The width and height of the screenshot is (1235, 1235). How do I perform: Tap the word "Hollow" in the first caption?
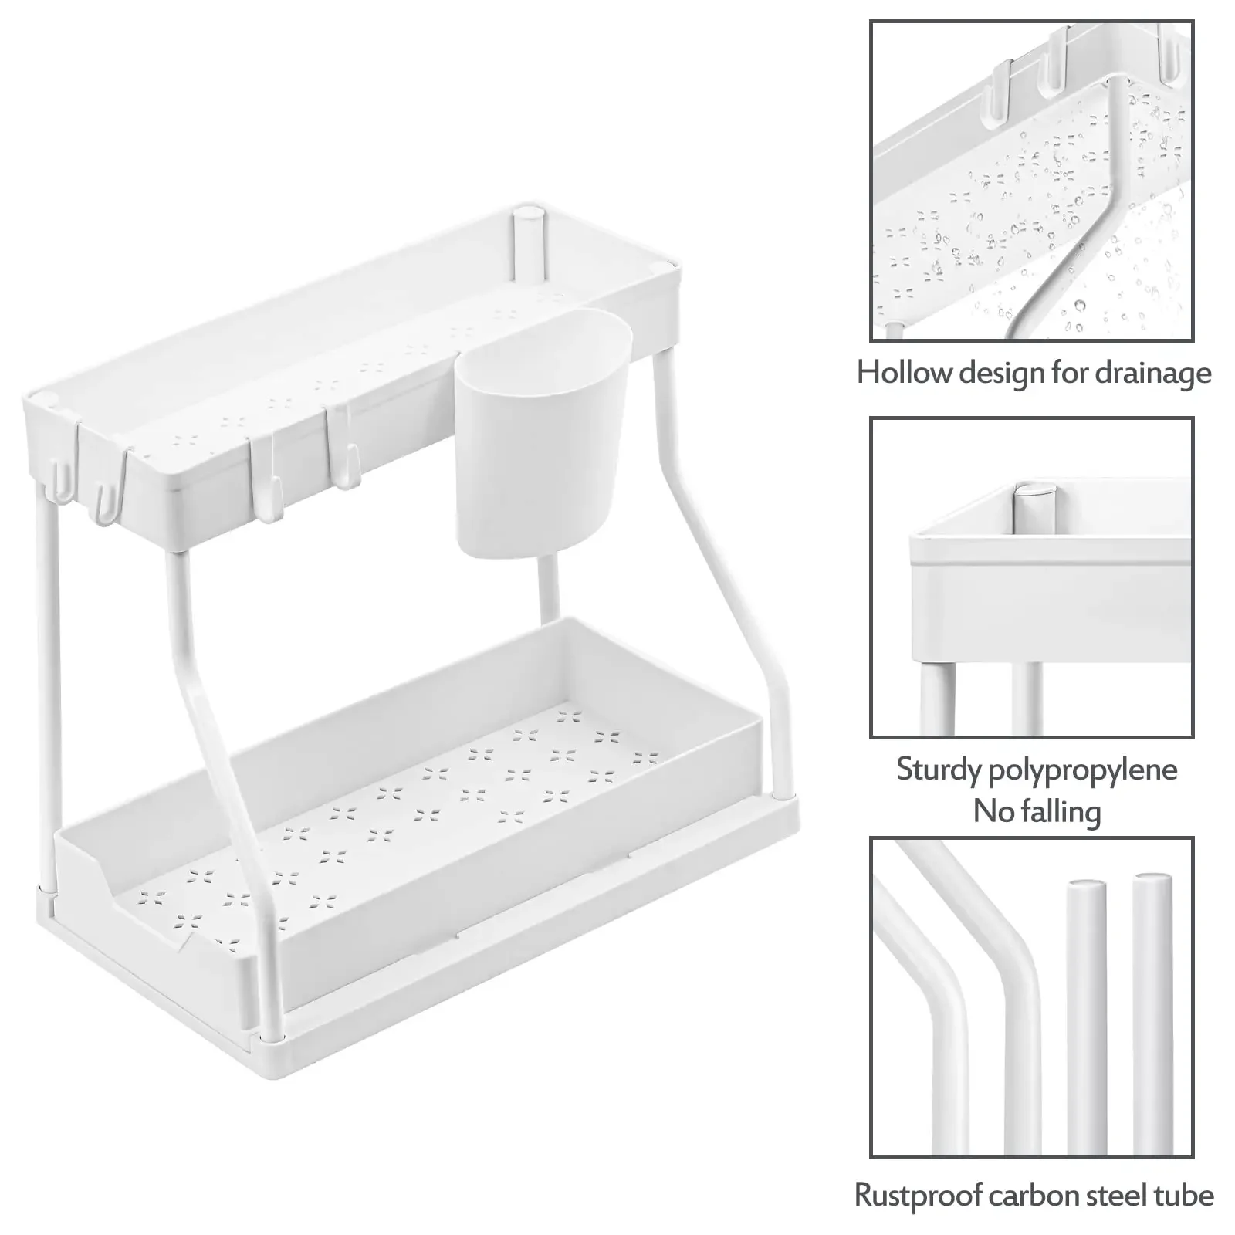(x=904, y=374)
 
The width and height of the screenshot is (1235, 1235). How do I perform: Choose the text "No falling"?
(x=1036, y=811)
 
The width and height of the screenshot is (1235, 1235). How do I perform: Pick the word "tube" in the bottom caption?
(x=1185, y=1196)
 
